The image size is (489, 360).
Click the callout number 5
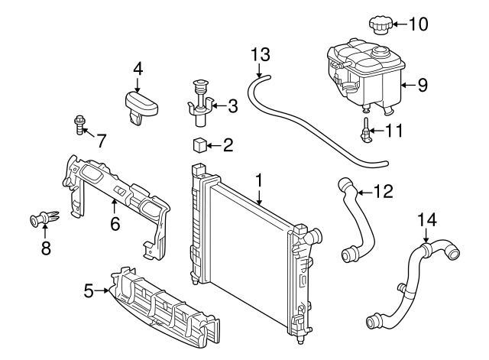(89, 290)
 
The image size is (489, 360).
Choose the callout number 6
(115, 223)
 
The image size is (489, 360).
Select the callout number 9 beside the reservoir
(423, 86)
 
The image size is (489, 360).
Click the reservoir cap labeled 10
(379, 24)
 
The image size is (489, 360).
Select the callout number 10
(419, 24)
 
